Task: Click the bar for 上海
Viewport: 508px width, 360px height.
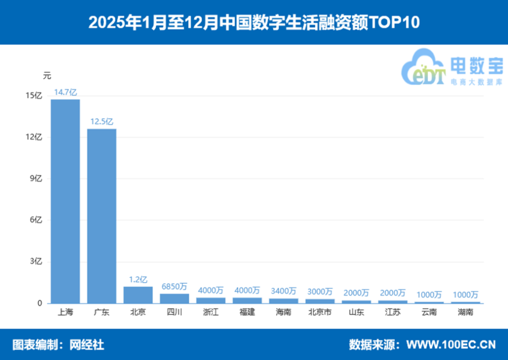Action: (65, 201)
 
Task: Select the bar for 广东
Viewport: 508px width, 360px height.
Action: (102, 216)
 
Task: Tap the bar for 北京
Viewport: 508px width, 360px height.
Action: (138, 295)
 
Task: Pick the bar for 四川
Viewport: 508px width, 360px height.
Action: (174, 299)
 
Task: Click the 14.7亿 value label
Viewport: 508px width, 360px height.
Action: (65, 92)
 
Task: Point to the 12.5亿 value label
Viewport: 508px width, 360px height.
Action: (102, 122)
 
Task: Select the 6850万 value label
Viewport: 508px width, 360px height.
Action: (174, 286)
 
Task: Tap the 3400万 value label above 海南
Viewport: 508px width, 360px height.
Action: (283, 291)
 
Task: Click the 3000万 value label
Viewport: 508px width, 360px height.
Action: (320, 292)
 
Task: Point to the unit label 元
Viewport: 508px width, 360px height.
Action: (47, 75)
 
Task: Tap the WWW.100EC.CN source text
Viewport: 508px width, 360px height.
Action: (451, 345)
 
